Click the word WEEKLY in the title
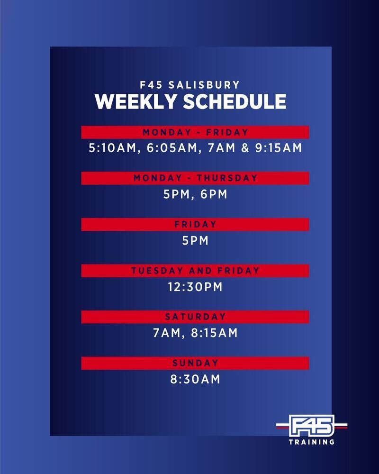(x=135, y=101)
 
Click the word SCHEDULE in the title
(x=235, y=101)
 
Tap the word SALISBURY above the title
(x=204, y=85)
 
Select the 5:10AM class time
(x=112, y=148)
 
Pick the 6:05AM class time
(x=172, y=148)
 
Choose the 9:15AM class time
(x=279, y=148)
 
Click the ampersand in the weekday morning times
(x=245, y=148)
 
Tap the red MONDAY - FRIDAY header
(x=195, y=132)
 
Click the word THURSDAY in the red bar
(x=227, y=178)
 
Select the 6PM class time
(x=214, y=194)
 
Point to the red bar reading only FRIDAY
(x=195, y=224)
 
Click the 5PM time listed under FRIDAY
(x=195, y=241)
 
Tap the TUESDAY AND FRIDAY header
(x=195, y=271)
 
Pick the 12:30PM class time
(x=195, y=287)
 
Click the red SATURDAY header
(x=195, y=317)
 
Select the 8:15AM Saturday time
(x=214, y=333)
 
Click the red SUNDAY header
(x=195, y=363)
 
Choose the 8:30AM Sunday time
(x=195, y=379)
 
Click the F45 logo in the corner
(x=312, y=426)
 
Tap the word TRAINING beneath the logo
(x=312, y=442)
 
